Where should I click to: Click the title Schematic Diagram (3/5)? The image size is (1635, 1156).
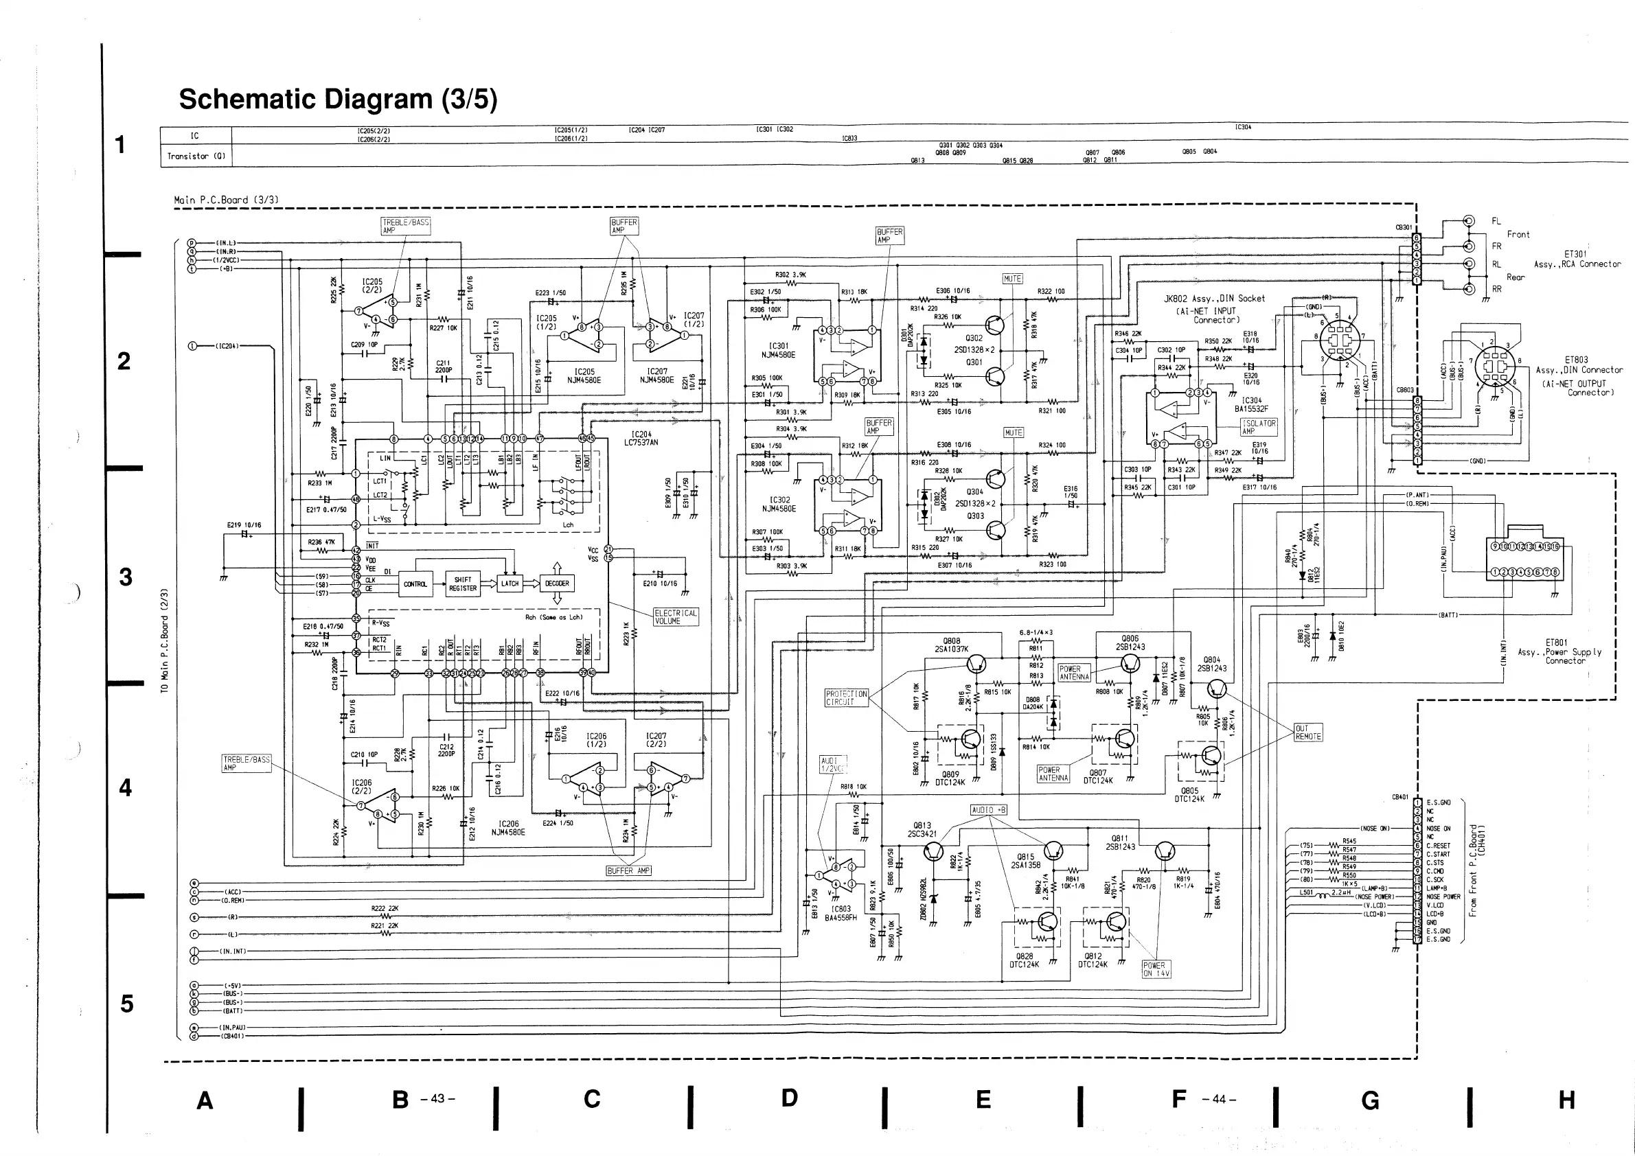[x=338, y=100]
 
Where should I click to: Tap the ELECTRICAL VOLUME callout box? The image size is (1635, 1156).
[x=676, y=616]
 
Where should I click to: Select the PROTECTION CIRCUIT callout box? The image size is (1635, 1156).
[x=847, y=697]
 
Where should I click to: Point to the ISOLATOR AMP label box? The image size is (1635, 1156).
[x=1259, y=426]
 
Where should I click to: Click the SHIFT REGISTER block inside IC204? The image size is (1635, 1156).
[x=463, y=583]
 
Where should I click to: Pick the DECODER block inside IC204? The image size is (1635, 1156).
[x=557, y=583]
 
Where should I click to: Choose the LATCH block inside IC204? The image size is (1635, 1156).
[x=510, y=583]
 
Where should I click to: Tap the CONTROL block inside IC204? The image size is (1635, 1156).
[x=415, y=584]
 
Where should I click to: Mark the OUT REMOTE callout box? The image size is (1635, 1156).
[x=1308, y=732]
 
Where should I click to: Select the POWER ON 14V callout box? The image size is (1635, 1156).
[x=1156, y=969]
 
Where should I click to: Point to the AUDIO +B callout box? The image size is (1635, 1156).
[x=989, y=810]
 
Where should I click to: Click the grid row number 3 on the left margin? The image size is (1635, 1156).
[x=126, y=577]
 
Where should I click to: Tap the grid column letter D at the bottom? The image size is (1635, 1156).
[x=789, y=1098]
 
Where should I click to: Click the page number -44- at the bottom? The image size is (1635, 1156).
[x=1218, y=1099]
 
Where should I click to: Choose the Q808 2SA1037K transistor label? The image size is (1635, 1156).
[x=951, y=645]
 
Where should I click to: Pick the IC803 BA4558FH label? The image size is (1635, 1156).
[x=841, y=913]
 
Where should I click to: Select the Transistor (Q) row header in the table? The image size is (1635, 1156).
[x=196, y=157]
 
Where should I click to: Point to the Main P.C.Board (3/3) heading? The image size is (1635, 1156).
[x=226, y=200]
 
